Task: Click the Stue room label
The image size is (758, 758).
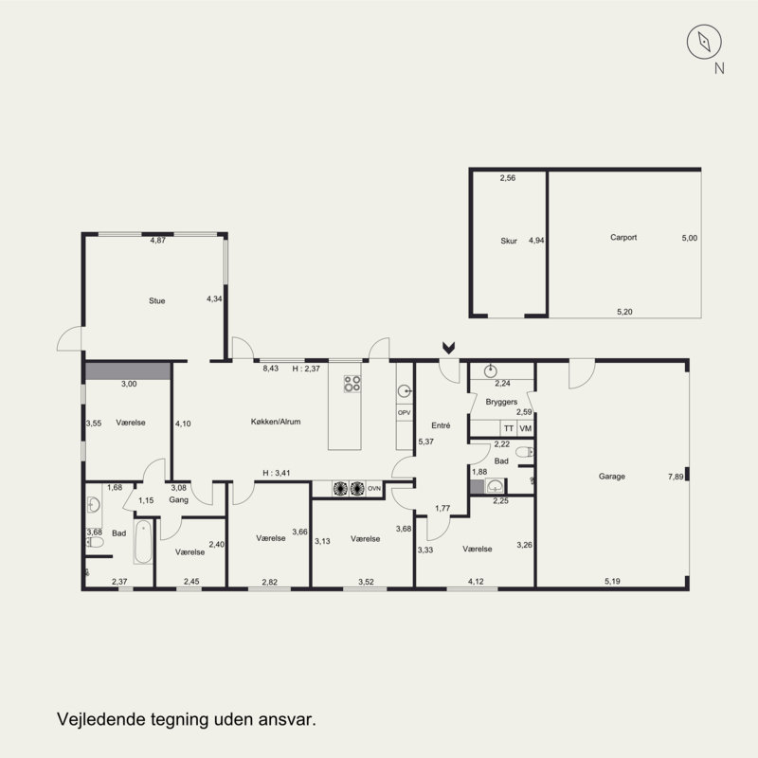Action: (x=156, y=300)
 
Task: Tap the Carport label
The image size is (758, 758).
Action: (x=623, y=238)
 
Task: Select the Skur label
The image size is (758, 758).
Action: (x=509, y=241)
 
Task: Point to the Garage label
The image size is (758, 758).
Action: (x=611, y=477)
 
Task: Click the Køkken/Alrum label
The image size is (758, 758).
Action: (x=276, y=422)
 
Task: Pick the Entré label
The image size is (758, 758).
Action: (x=441, y=425)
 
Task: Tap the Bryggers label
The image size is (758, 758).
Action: (x=501, y=402)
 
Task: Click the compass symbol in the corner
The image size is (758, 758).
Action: (x=704, y=42)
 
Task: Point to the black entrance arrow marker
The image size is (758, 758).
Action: (x=448, y=348)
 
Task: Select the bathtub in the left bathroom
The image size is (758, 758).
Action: (x=143, y=541)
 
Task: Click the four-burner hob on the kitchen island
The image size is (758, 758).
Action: (x=352, y=384)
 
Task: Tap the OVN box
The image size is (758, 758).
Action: (x=374, y=489)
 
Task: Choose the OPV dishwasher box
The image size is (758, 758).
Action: (x=405, y=413)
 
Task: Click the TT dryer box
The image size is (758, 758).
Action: (x=509, y=428)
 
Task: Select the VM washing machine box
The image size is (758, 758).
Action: (x=526, y=428)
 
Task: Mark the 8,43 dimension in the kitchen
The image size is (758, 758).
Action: (x=270, y=369)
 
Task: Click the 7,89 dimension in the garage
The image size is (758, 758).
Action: (x=676, y=477)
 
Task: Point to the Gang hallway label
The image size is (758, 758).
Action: (x=178, y=500)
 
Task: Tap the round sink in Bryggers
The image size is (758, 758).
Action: (x=490, y=371)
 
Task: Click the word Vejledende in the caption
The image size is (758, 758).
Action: (x=100, y=719)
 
